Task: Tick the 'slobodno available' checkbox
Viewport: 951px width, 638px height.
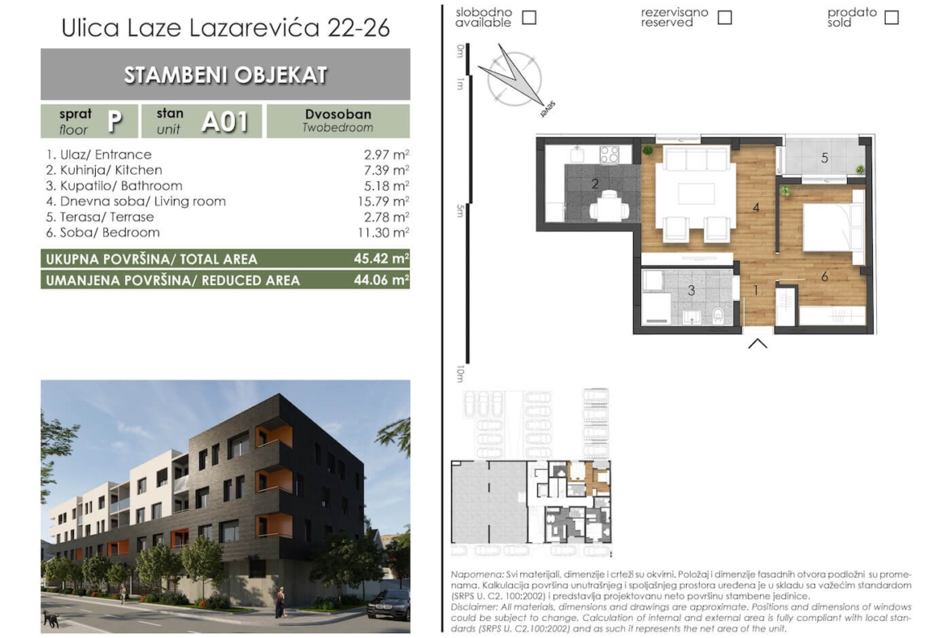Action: tap(529, 17)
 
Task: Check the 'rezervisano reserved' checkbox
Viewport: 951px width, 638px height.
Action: tap(724, 17)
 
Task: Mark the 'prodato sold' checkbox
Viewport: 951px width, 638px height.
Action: tap(891, 17)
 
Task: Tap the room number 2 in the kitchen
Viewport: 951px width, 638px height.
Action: tap(595, 184)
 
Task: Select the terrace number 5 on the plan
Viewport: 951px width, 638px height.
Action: tap(824, 158)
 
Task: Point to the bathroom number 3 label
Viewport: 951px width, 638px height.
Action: tap(691, 290)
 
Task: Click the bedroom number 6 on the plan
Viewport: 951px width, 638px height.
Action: tap(824, 276)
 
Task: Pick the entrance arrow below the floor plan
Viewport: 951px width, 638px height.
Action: tap(758, 343)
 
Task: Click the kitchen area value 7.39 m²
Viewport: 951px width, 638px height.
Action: tap(386, 171)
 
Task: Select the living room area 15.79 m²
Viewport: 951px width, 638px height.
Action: tap(384, 202)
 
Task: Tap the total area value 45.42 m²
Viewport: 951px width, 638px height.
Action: tap(381, 258)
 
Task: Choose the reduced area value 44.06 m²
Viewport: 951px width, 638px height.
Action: tap(381, 280)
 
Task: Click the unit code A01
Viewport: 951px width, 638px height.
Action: tap(225, 122)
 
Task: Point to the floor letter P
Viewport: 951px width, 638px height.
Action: tap(115, 121)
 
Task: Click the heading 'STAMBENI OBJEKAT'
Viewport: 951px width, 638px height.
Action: tap(226, 75)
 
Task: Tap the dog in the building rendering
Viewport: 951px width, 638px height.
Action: tap(50, 619)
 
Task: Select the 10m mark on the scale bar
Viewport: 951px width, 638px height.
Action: tap(460, 374)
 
